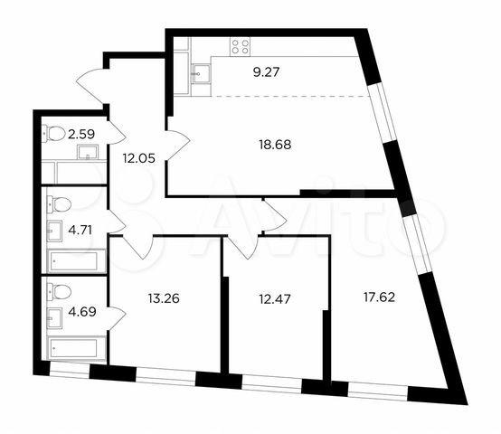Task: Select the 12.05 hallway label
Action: tap(139, 156)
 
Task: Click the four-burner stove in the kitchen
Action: tap(241, 46)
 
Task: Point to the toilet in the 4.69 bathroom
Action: tap(56, 292)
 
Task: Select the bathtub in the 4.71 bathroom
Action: tap(71, 259)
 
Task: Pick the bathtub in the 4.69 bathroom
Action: tap(71, 346)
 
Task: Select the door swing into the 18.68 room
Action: tap(179, 143)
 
